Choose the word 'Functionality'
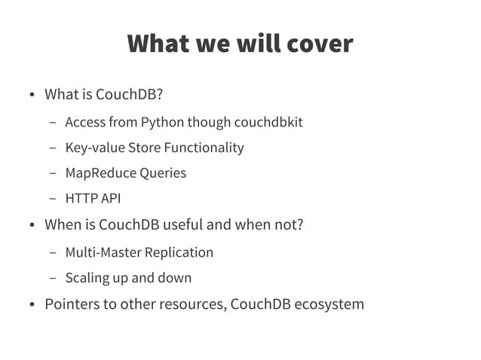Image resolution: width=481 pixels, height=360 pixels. pos(203,148)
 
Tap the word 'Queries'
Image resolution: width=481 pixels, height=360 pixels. pos(161,173)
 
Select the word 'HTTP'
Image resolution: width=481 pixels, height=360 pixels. pos(80,199)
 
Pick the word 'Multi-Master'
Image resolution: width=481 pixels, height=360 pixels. pos(103,252)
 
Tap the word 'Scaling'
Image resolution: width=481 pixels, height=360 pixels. pos(87,278)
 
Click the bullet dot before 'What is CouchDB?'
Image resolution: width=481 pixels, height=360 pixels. pos(32,96)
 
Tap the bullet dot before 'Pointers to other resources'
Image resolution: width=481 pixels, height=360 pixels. pos(32,305)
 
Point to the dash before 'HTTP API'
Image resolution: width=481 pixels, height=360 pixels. pos(53,200)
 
